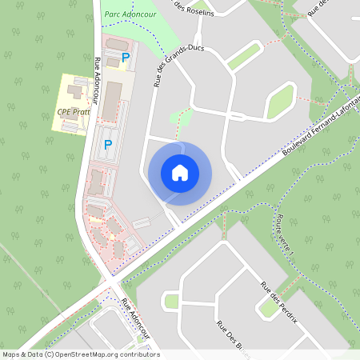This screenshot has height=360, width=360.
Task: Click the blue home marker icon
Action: [x=180, y=173]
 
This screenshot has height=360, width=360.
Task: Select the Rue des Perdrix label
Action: [x=279, y=301]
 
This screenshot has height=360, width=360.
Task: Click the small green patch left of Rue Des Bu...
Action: [x=171, y=302]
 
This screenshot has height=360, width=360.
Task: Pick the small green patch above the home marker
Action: [x=181, y=117]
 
